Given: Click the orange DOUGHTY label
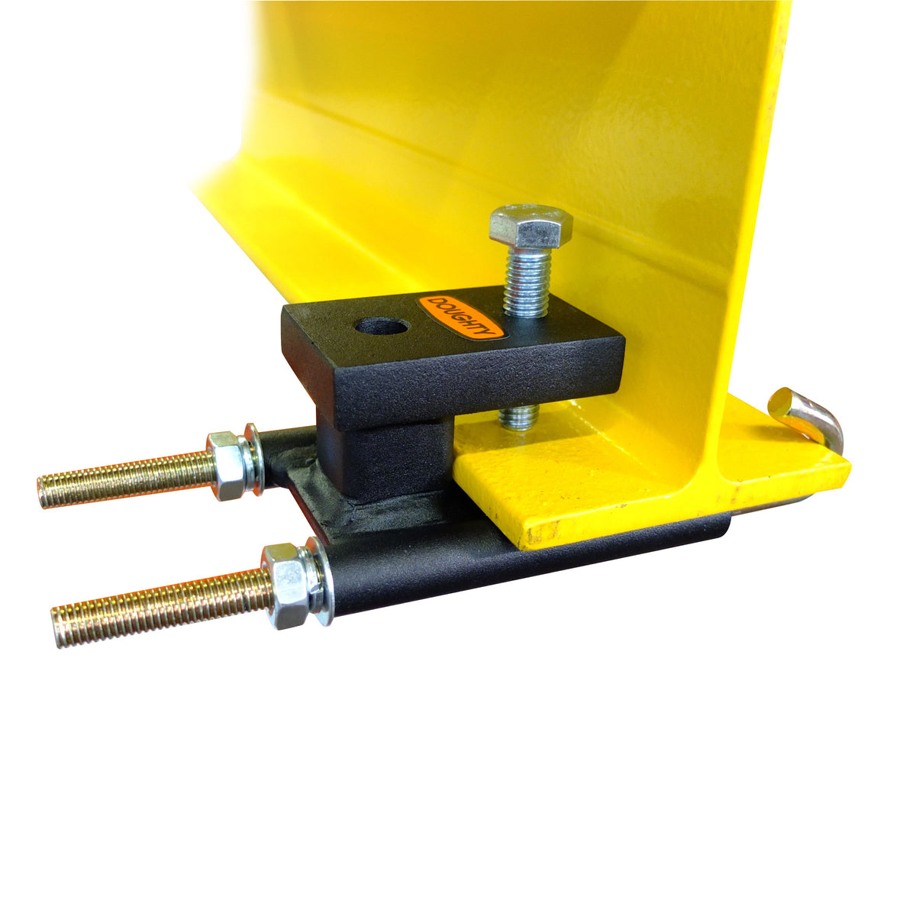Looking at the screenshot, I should point(460,316).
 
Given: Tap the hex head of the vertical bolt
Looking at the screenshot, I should point(531,226).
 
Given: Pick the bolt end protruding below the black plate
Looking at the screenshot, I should point(519,416).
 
